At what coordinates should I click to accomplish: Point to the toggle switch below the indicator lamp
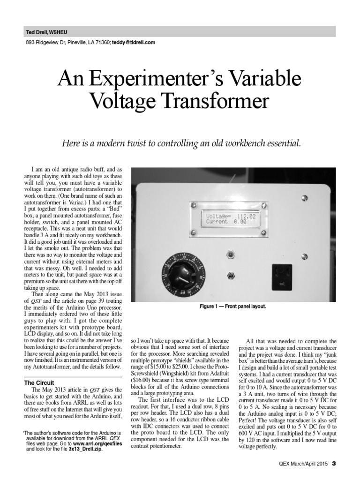(x=230, y=277)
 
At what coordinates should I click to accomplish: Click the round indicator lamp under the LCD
(x=230, y=255)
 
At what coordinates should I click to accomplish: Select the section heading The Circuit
(x=40, y=382)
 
